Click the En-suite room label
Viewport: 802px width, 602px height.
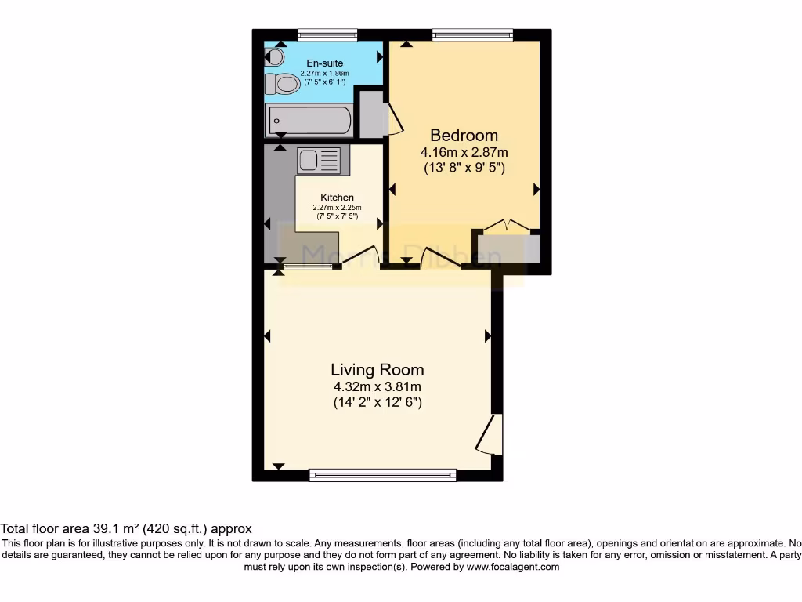[324, 63]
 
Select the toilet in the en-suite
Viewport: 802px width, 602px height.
[283, 83]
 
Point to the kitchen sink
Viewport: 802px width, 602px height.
[319, 161]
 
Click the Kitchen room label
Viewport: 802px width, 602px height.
[337, 198]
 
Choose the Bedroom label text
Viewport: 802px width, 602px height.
[464, 136]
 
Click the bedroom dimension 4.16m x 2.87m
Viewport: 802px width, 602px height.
[464, 152]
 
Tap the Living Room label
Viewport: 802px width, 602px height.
[377, 370]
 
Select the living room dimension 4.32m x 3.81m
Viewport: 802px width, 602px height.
[377, 387]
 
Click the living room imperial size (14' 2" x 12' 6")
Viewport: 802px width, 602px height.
[377, 404]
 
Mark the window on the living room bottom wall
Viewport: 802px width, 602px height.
[383, 474]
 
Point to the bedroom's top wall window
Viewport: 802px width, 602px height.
[472, 34]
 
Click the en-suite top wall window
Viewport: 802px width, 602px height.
[327, 34]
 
